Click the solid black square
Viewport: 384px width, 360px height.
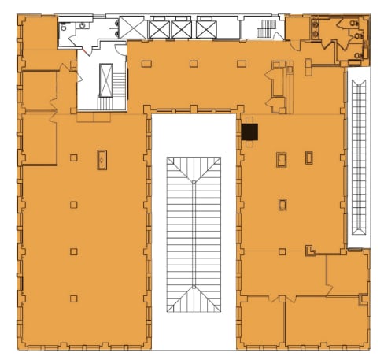coord(249,133)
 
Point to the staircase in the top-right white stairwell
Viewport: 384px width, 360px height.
coord(268,29)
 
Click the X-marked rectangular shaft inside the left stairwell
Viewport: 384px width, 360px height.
coord(105,80)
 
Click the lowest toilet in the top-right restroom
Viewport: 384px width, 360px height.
coord(364,51)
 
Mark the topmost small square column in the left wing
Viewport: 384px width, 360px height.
coord(73,158)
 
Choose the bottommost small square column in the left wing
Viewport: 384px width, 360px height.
coord(73,299)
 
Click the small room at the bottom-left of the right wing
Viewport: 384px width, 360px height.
coord(260,322)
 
